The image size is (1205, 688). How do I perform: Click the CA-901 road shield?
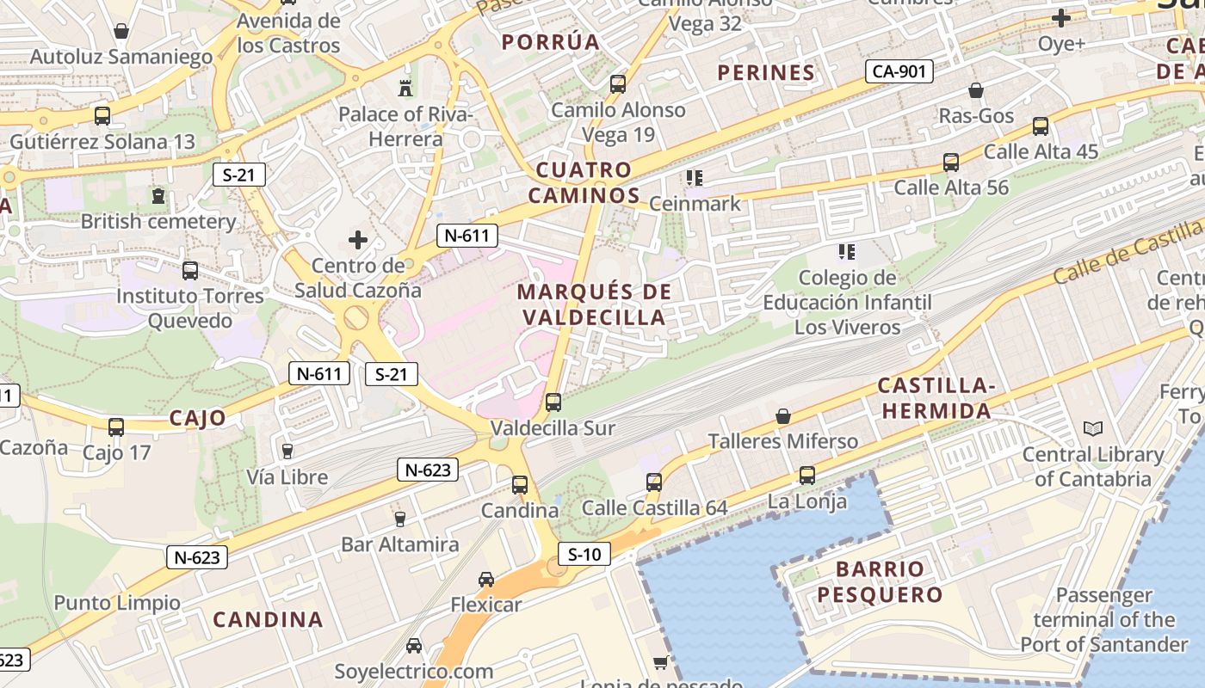(899, 71)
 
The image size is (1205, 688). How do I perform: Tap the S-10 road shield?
(584, 555)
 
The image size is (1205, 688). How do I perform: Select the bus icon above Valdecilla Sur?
(553, 402)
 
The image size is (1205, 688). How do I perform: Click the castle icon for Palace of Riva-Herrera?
(405, 87)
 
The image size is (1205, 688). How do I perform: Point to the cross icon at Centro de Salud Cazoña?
(358, 240)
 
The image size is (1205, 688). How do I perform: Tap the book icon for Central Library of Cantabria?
(1093, 428)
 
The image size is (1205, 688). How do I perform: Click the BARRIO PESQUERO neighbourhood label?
(880, 581)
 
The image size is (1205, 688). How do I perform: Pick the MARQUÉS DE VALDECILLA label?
(594, 304)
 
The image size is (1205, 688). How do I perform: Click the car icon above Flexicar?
(486, 580)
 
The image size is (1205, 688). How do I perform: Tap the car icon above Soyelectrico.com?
(414, 646)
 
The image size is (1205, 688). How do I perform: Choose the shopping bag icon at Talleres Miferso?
(783, 416)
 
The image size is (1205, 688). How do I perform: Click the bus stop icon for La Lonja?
(807, 475)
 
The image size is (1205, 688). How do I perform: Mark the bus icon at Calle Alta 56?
(951, 162)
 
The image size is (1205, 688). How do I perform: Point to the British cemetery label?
(158, 221)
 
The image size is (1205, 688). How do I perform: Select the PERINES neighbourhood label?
(766, 73)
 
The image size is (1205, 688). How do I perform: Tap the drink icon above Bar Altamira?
(399, 519)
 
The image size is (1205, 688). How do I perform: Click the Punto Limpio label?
(117, 603)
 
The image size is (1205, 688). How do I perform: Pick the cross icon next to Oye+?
(1061, 17)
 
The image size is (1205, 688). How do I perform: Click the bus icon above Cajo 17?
(116, 427)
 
